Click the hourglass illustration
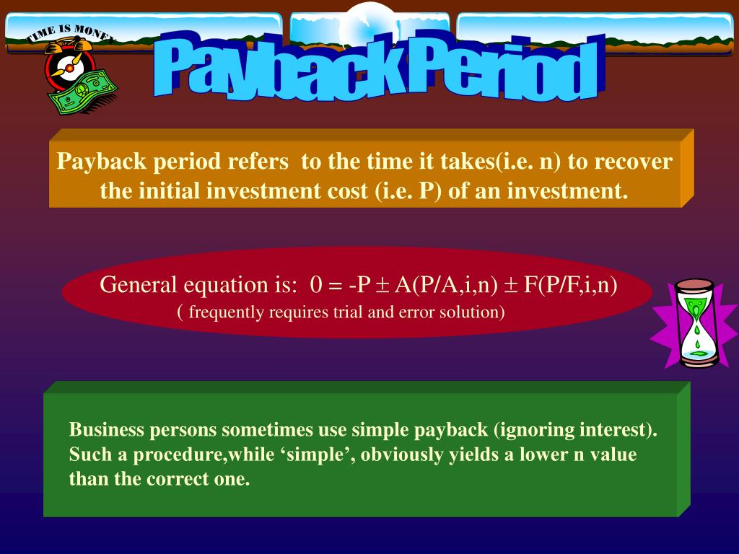(x=696, y=323)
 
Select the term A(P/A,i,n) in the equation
(x=446, y=284)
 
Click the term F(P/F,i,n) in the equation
(x=571, y=284)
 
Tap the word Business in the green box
(x=107, y=431)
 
